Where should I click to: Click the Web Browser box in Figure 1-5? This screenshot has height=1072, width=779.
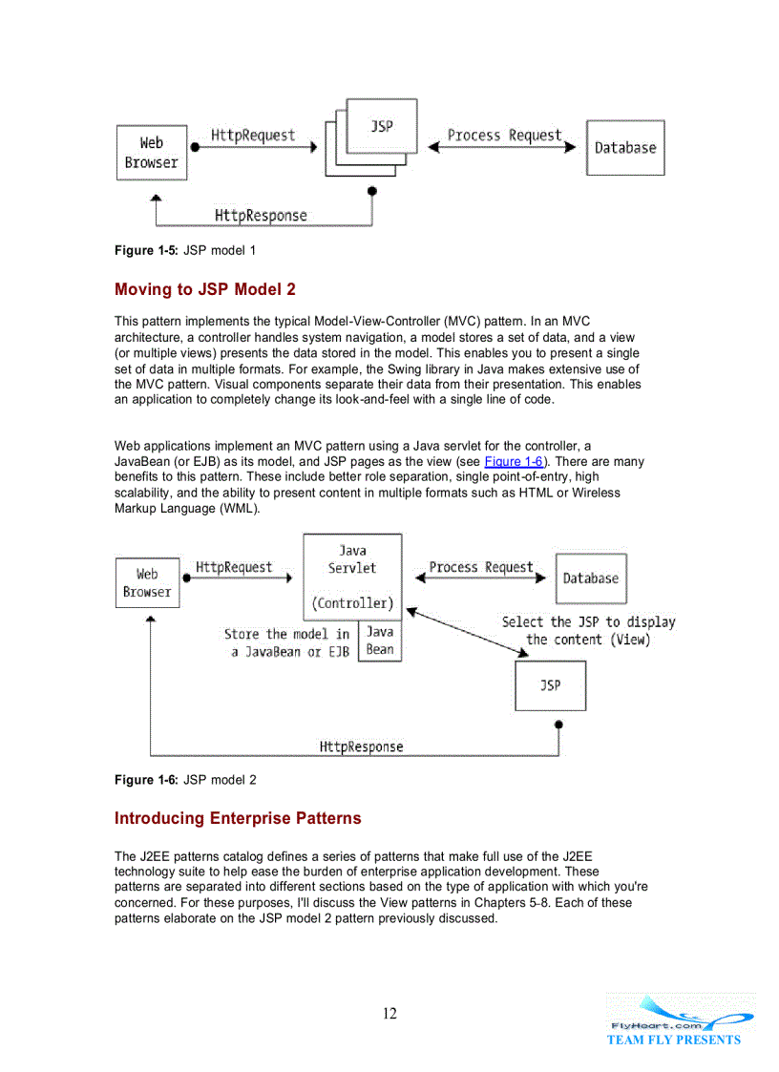tap(151, 152)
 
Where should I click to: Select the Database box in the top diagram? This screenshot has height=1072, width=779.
tap(625, 148)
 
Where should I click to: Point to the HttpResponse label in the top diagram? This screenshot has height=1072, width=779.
tap(261, 215)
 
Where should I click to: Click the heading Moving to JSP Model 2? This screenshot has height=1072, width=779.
tap(205, 289)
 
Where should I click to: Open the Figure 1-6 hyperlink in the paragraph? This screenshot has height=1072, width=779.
tap(514, 461)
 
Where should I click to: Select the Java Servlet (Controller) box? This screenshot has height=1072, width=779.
tap(352, 577)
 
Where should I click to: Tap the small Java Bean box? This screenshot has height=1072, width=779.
tap(380, 641)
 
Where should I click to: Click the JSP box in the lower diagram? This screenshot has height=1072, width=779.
tap(550, 685)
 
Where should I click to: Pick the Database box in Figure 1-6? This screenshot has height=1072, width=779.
tap(590, 578)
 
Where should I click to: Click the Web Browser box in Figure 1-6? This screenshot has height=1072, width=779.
tap(147, 582)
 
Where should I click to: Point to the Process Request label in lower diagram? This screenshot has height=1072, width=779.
tap(481, 567)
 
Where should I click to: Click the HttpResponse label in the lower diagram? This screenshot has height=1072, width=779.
tap(361, 746)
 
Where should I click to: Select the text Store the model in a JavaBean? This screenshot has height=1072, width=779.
tap(287, 642)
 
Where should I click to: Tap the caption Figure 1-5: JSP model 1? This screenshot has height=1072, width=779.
tap(184, 250)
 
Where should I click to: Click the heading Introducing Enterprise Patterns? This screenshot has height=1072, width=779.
tap(238, 818)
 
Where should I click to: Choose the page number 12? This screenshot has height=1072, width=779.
tap(389, 1014)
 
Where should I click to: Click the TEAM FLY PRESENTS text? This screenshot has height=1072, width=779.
tap(673, 1040)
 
